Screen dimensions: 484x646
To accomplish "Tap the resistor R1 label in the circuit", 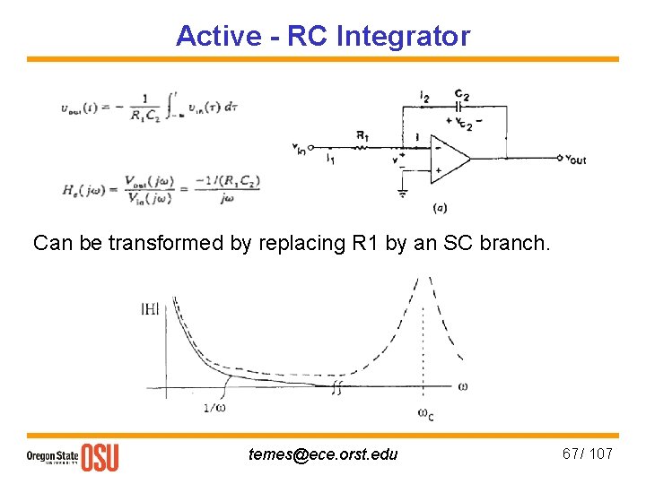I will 362,135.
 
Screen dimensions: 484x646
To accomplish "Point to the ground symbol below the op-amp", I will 402,192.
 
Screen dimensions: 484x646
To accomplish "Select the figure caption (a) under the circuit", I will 441,207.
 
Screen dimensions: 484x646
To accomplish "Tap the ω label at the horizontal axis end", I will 463,386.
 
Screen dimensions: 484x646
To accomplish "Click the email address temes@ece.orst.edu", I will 323,454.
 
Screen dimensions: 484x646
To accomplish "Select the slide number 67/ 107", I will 587,454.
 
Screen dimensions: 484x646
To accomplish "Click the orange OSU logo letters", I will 100,456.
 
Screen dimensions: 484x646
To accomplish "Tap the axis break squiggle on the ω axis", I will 337,388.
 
